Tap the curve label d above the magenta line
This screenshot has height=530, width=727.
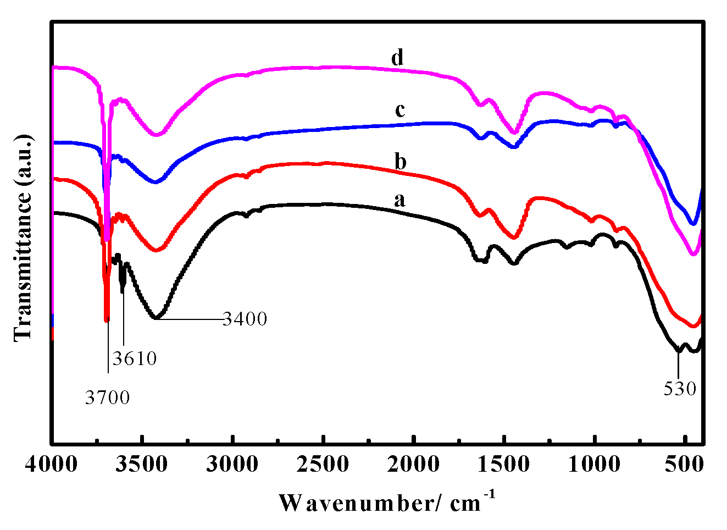[397, 57]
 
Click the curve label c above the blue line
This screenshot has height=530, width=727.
[400, 110]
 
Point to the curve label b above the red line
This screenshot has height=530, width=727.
[401, 162]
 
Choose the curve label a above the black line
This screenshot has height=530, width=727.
[400, 200]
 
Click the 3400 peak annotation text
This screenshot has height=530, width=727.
[245, 319]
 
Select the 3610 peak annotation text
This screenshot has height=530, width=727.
[135, 359]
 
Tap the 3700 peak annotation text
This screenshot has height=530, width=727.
[107, 398]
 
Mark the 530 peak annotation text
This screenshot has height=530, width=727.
[680, 389]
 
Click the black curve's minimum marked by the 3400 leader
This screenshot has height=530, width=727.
[156, 318]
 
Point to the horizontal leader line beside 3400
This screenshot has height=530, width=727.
[192, 318]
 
